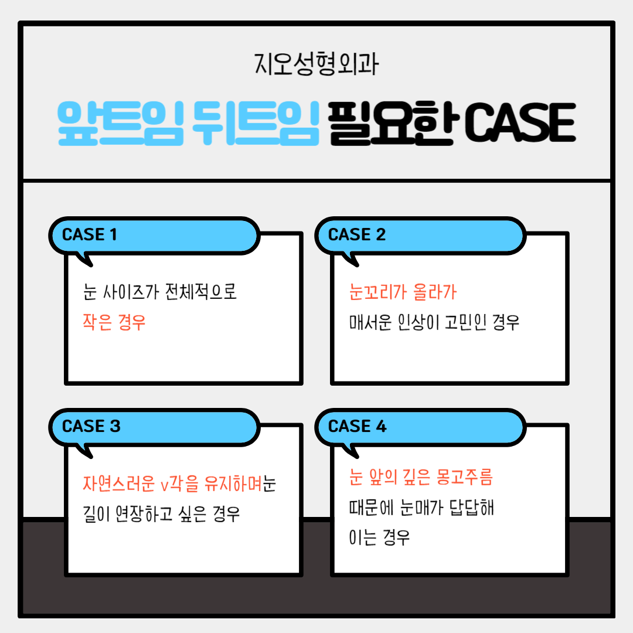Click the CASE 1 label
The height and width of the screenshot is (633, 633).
click(89, 234)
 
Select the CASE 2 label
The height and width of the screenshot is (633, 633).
click(357, 234)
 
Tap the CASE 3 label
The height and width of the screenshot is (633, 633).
click(91, 426)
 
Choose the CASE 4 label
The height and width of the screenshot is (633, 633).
click(358, 426)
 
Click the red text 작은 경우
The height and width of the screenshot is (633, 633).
click(114, 323)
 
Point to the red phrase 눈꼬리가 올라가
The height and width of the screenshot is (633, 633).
click(403, 291)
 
